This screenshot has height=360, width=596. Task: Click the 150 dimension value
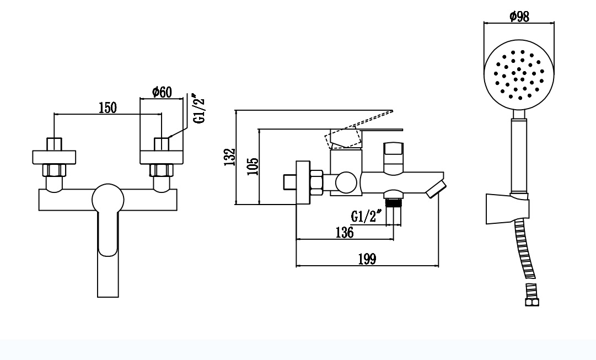click(x=108, y=108)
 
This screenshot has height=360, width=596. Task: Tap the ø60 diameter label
click(x=162, y=92)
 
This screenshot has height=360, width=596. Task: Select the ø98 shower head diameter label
click(x=519, y=17)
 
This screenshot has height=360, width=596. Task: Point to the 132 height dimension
click(x=229, y=157)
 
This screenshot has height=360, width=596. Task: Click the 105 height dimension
click(x=253, y=166)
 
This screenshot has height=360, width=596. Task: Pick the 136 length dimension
click(x=345, y=232)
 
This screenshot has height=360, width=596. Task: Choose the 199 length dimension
click(x=367, y=259)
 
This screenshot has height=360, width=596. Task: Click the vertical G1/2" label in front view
click(x=199, y=109)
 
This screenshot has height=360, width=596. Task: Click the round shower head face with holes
click(x=519, y=74)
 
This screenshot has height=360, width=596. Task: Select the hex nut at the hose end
click(x=531, y=302)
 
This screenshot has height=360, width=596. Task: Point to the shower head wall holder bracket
click(x=507, y=208)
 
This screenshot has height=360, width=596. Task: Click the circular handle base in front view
click(x=108, y=199)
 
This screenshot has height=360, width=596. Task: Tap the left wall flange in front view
click(x=54, y=157)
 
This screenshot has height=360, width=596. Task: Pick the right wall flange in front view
click(x=162, y=157)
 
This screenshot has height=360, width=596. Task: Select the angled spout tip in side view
click(x=436, y=189)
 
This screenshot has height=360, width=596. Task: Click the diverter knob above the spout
click(x=394, y=157)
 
